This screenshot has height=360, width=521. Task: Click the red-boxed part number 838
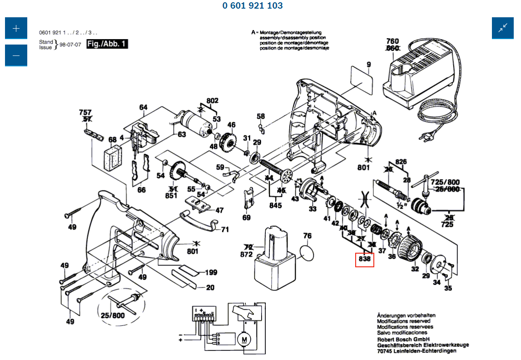[x=365, y=260]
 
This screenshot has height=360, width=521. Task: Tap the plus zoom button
[x=16, y=29]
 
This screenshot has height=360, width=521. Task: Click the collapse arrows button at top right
[x=503, y=28]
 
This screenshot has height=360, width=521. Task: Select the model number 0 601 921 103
[x=253, y=6]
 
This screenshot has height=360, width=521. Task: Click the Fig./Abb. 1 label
[x=107, y=44]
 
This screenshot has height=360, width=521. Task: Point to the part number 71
[x=225, y=230]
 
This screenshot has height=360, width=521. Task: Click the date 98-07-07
[x=70, y=45]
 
